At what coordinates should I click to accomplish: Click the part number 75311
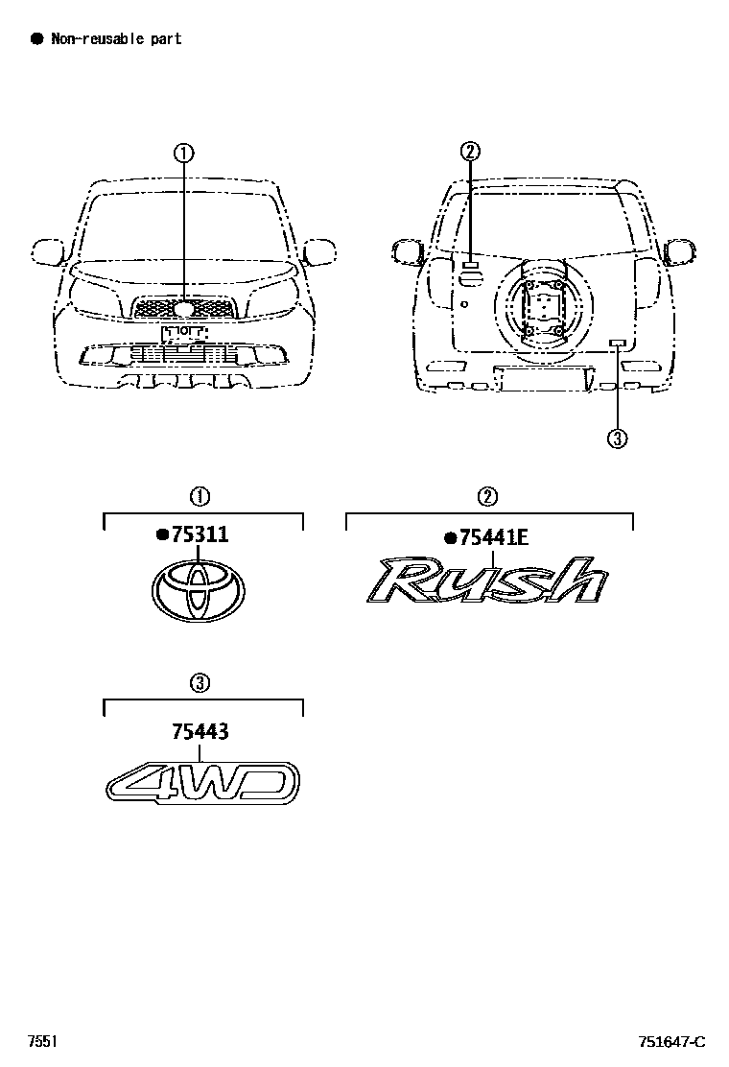tap(200, 535)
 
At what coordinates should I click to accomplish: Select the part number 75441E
tap(494, 538)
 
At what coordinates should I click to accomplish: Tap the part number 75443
tap(201, 732)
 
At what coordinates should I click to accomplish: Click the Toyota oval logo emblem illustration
tap(200, 592)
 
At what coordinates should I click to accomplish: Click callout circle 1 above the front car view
tap(183, 152)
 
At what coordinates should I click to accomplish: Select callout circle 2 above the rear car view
tap(469, 151)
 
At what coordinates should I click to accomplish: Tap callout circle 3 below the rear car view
tap(618, 439)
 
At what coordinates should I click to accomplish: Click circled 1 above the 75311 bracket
tap(200, 496)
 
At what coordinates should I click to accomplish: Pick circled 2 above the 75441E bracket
tap(487, 496)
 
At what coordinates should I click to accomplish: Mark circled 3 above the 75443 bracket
tap(200, 683)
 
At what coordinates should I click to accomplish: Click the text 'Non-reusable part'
tap(116, 39)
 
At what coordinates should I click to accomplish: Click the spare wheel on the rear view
tap(542, 309)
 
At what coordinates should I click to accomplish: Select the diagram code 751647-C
tap(672, 1042)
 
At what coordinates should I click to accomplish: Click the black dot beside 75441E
tap(450, 538)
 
